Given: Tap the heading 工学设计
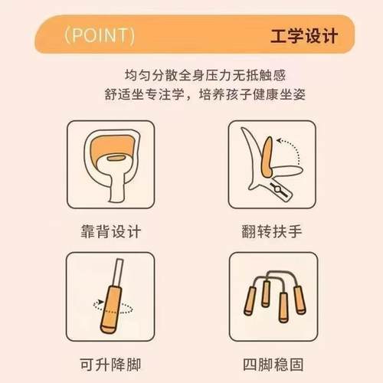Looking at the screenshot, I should [302, 36].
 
